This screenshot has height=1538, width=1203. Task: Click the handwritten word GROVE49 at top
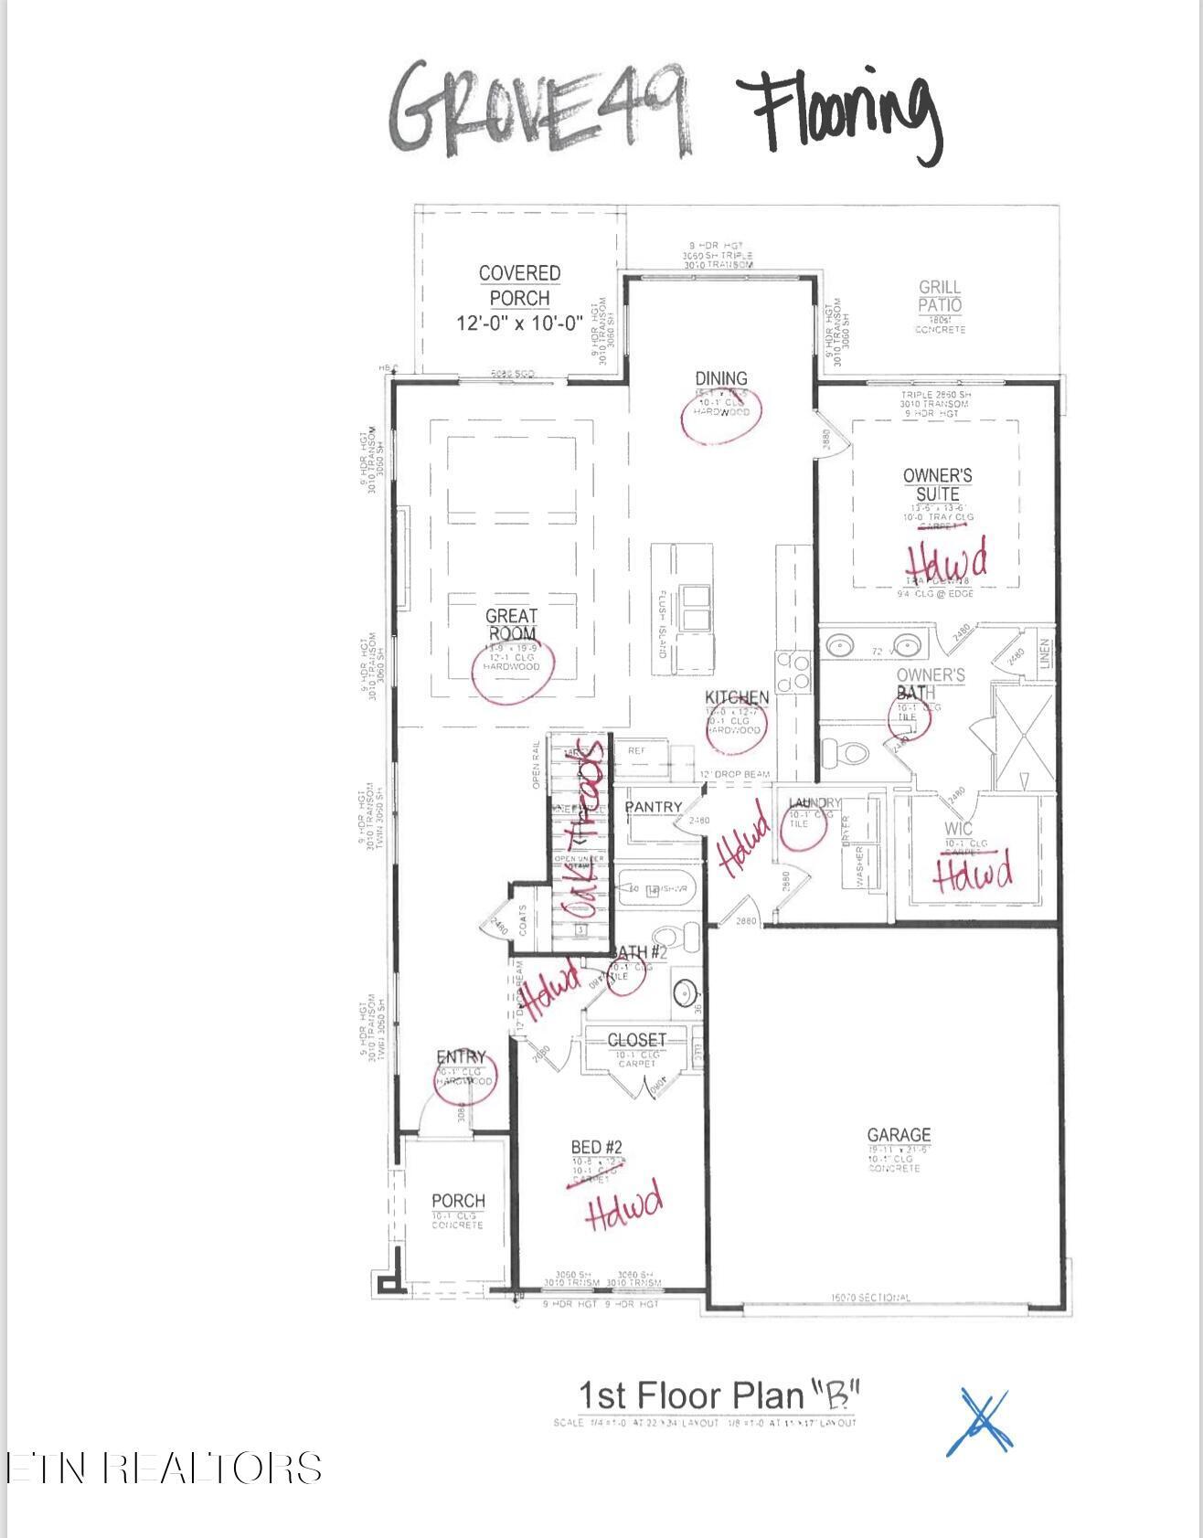(x=539, y=107)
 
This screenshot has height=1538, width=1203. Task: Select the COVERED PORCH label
(x=519, y=286)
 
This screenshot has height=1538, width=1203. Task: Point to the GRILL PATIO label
(x=940, y=296)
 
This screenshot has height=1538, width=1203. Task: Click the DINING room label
(x=720, y=378)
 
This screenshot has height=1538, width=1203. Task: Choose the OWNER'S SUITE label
(x=937, y=484)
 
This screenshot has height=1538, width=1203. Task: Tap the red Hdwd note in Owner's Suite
(x=946, y=559)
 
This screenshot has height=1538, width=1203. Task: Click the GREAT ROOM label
(x=511, y=625)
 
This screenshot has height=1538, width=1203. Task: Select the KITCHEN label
(x=737, y=697)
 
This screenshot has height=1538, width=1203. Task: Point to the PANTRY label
(x=653, y=807)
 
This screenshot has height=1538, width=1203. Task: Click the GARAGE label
(x=899, y=1135)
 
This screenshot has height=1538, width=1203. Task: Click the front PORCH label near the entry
(x=458, y=1200)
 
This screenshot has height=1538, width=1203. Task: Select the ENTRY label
(x=461, y=1057)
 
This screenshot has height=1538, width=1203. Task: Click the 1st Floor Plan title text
(x=719, y=1395)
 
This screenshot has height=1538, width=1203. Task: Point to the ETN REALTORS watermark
(x=163, y=1469)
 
